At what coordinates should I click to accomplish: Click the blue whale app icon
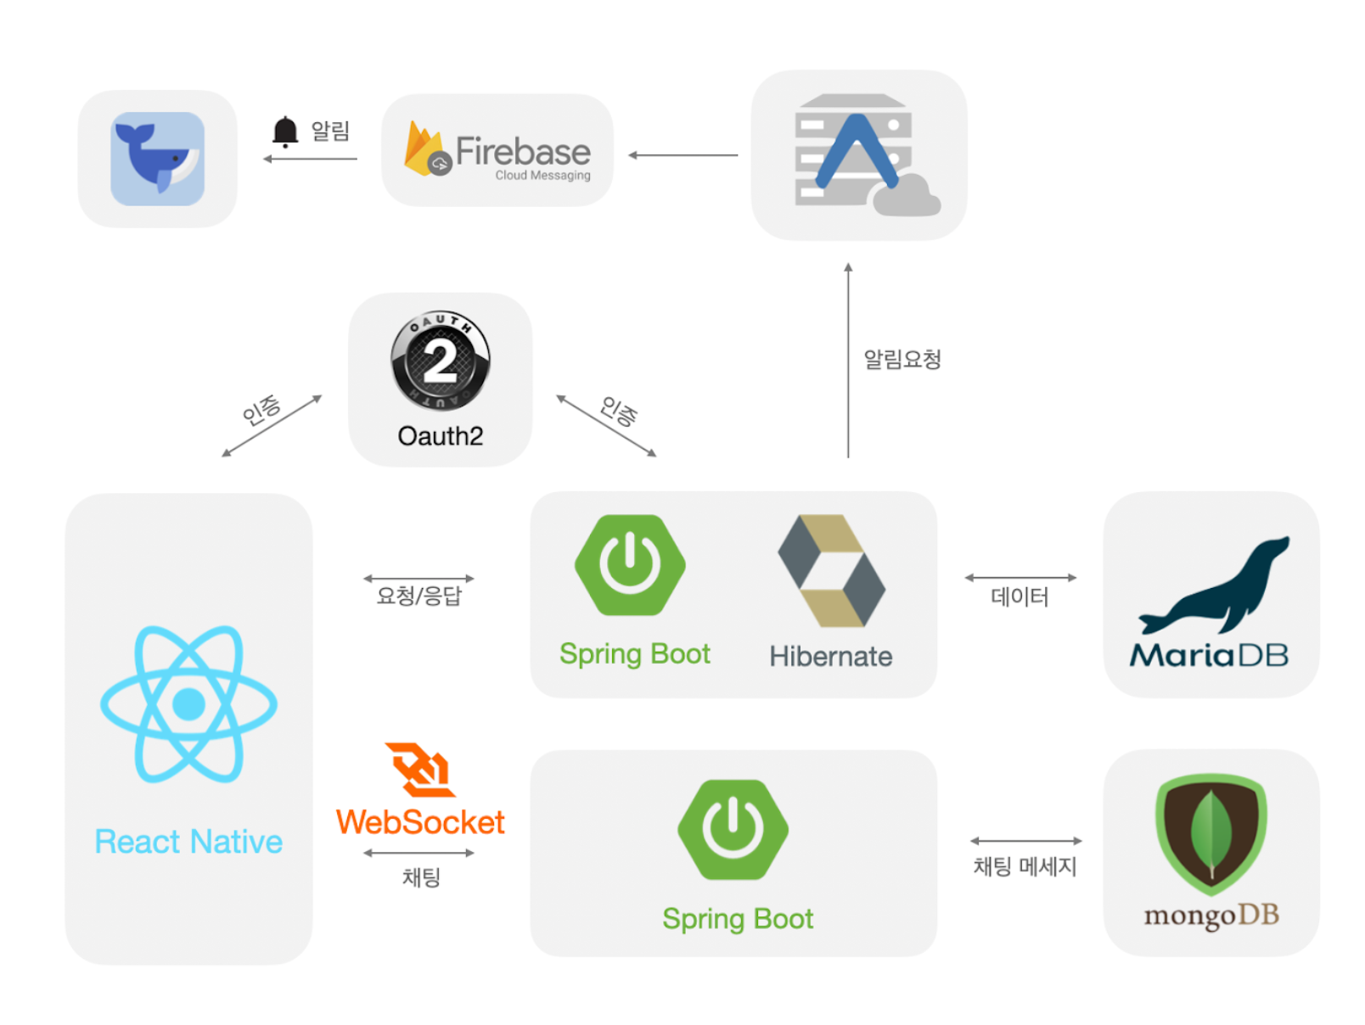coord(157,159)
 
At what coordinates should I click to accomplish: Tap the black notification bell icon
coord(285,132)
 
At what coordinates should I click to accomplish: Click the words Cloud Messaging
coord(542,176)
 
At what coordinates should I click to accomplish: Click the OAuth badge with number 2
coord(440,361)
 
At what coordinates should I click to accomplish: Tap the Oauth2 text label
coord(440,436)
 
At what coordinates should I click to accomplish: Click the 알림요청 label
coord(902,359)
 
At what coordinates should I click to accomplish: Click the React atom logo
coord(188,703)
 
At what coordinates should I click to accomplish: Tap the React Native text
coord(188,842)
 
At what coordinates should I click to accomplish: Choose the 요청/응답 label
coord(418,596)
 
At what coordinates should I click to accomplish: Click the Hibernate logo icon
coord(831,570)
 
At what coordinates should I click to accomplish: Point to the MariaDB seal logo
coord(1213,585)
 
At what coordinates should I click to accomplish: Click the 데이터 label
coord(1020,597)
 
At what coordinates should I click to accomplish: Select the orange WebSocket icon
coord(419,770)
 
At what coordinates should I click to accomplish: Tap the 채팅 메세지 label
coord(1025,866)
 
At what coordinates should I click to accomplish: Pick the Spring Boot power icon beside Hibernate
coord(630,564)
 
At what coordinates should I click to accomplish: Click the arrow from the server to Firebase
coord(683,155)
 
